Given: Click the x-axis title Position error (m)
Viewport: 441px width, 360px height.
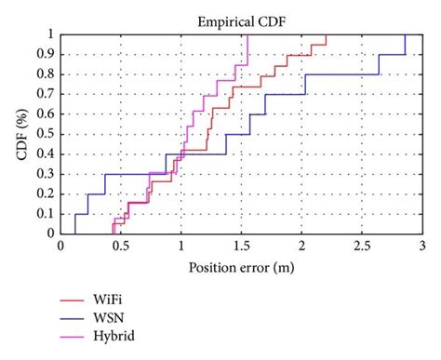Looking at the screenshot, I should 240,269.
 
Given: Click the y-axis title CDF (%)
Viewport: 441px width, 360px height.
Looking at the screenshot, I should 22,134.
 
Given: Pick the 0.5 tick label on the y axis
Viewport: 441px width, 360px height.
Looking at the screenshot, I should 45,134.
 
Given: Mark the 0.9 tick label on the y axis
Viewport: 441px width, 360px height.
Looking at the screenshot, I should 45,55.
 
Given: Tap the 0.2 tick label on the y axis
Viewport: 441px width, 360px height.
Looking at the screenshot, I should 45,194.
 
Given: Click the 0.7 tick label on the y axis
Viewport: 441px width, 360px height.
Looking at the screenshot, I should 45,95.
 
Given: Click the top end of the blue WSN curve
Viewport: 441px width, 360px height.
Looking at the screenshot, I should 405,35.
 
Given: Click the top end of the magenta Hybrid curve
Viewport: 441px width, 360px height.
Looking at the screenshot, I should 248,35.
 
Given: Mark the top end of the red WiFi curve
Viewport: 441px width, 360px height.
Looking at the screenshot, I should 326,35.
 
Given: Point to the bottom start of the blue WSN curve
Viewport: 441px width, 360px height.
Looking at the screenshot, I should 74,233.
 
